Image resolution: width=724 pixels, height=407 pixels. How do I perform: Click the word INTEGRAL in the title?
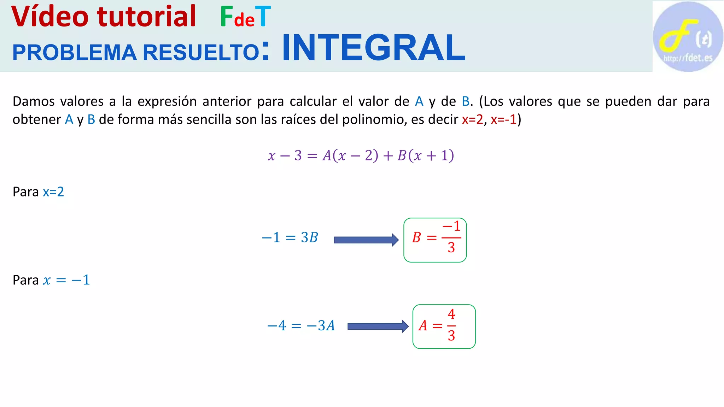click(x=373, y=48)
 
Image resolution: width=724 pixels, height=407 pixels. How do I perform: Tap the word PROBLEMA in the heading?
click(x=74, y=53)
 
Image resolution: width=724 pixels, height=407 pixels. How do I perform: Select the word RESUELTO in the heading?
click(x=201, y=53)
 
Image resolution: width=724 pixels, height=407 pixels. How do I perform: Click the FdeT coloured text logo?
click(x=245, y=17)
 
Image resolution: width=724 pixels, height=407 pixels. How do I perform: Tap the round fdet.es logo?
click(x=688, y=36)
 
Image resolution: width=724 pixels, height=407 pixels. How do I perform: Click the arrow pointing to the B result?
click(x=366, y=240)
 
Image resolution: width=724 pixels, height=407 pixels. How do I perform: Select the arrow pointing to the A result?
click(x=378, y=326)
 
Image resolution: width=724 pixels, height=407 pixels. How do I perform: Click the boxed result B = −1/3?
click(x=435, y=240)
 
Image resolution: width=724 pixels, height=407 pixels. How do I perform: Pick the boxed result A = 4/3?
click(x=444, y=326)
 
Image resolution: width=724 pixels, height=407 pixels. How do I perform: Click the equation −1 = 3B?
click(x=290, y=237)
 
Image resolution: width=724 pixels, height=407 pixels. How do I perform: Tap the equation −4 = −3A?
click(x=301, y=325)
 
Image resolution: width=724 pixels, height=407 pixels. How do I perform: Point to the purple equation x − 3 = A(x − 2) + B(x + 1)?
click(x=361, y=155)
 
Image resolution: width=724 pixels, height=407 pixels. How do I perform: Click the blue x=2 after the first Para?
click(x=53, y=192)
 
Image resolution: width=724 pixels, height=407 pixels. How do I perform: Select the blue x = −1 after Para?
click(x=66, y=280)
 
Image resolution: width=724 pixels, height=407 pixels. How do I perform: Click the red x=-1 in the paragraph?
click(x=503, y=119)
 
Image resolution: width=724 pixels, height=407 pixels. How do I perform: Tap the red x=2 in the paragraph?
click(x=472, y=119)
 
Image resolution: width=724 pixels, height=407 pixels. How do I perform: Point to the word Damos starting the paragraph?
click(x=34, y=101)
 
